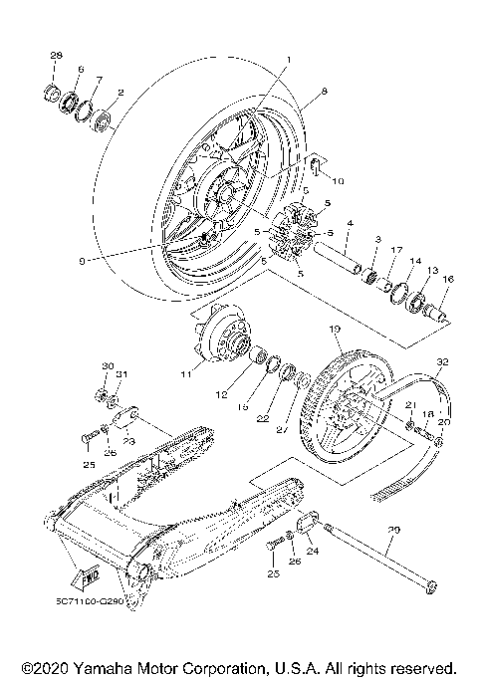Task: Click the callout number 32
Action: (x=443, y=362)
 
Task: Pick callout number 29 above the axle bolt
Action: (x=393, y=533)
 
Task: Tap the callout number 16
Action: (x=446, y=282)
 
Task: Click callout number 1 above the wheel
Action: (x=288, y=60)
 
